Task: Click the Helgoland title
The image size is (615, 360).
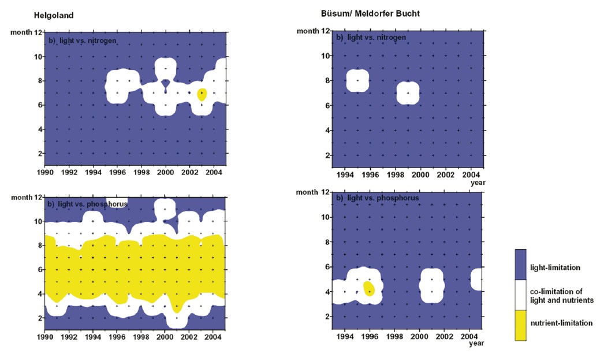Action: coord(54,16)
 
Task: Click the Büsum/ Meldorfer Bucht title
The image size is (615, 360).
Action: coord(370,13)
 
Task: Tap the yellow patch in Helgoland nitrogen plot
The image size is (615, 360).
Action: coord(202,94)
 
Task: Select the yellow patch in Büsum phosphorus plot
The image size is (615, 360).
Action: coord(369,287)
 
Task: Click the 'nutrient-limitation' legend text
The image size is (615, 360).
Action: coord(561,323)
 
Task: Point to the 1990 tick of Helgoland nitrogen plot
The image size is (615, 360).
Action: coord(44,172)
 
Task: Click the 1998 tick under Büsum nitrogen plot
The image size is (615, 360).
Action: coord(395,175)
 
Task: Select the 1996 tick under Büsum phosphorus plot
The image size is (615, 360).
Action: coord(370,335)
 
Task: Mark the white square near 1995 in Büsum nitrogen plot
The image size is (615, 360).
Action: coord(357,81)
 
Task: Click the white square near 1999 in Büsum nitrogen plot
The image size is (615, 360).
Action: coord(408,93)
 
